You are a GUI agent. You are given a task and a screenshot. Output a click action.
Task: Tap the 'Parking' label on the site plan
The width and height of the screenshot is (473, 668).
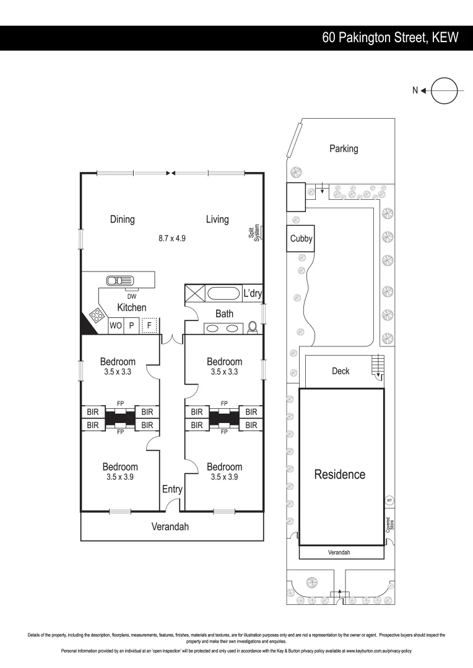(344, 148)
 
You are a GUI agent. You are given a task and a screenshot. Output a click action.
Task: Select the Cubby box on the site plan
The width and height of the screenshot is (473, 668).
(301, 239)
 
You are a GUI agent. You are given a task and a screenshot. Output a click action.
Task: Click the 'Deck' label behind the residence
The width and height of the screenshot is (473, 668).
(341, 371)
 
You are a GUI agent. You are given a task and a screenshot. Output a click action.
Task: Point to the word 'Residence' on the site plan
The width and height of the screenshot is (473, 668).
(340, 474)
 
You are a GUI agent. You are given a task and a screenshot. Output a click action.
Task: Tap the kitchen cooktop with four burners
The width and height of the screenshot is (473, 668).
(98, 315)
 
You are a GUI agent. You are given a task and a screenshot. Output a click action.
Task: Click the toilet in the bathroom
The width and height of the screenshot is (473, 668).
(253, 327)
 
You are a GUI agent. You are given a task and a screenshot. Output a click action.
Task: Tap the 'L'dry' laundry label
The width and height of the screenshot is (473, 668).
(253, 293)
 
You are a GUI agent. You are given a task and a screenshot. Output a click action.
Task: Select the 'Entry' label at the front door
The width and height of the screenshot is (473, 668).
(172, 489)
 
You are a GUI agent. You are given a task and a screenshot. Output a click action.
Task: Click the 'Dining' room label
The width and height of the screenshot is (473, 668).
(123, 219)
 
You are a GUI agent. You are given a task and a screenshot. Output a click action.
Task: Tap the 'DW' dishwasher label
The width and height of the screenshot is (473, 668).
(132, 297)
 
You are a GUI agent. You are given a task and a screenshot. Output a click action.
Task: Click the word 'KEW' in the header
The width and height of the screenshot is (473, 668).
(445, 38)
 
